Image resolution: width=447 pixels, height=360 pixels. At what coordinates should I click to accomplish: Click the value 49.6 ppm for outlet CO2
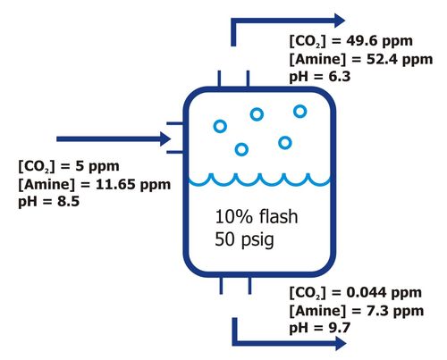coord(379,41)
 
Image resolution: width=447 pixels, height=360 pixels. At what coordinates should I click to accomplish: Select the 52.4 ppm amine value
coord(400,59)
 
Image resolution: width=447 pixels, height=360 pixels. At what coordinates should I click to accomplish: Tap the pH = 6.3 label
coord(320,77)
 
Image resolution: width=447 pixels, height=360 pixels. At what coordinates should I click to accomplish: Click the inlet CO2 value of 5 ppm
coord(97,166)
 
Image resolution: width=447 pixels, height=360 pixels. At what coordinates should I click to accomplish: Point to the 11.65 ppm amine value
coord(133,185)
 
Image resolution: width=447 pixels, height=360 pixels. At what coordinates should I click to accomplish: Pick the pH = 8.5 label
coord(49,202)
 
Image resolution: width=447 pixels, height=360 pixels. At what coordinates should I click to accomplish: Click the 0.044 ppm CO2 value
coord(384,292)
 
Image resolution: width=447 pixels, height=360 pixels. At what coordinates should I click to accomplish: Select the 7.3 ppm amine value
coord(395,311)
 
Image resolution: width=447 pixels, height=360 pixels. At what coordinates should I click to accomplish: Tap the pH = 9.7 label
coord(320,328)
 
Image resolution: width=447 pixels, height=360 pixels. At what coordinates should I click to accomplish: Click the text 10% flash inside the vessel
coord(257,216)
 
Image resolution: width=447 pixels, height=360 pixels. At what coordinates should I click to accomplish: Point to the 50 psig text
coord(244,239)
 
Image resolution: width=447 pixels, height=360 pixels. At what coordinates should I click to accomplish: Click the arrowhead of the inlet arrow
coord(165,139)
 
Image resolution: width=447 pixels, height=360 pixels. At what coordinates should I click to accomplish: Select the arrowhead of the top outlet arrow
coord(340,21)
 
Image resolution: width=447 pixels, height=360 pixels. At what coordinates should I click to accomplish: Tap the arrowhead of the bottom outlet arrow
coord(341,343)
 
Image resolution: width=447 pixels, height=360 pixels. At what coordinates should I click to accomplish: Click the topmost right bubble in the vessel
coord(299,112)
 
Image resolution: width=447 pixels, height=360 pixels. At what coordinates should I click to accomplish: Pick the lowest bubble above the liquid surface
coord(241,149)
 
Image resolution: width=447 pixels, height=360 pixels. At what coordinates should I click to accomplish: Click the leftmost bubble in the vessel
coord(220,126)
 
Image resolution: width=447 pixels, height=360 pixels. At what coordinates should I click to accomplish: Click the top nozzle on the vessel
coord(233,79)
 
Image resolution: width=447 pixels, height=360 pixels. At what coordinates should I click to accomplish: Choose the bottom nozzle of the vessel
coord(235,286)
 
